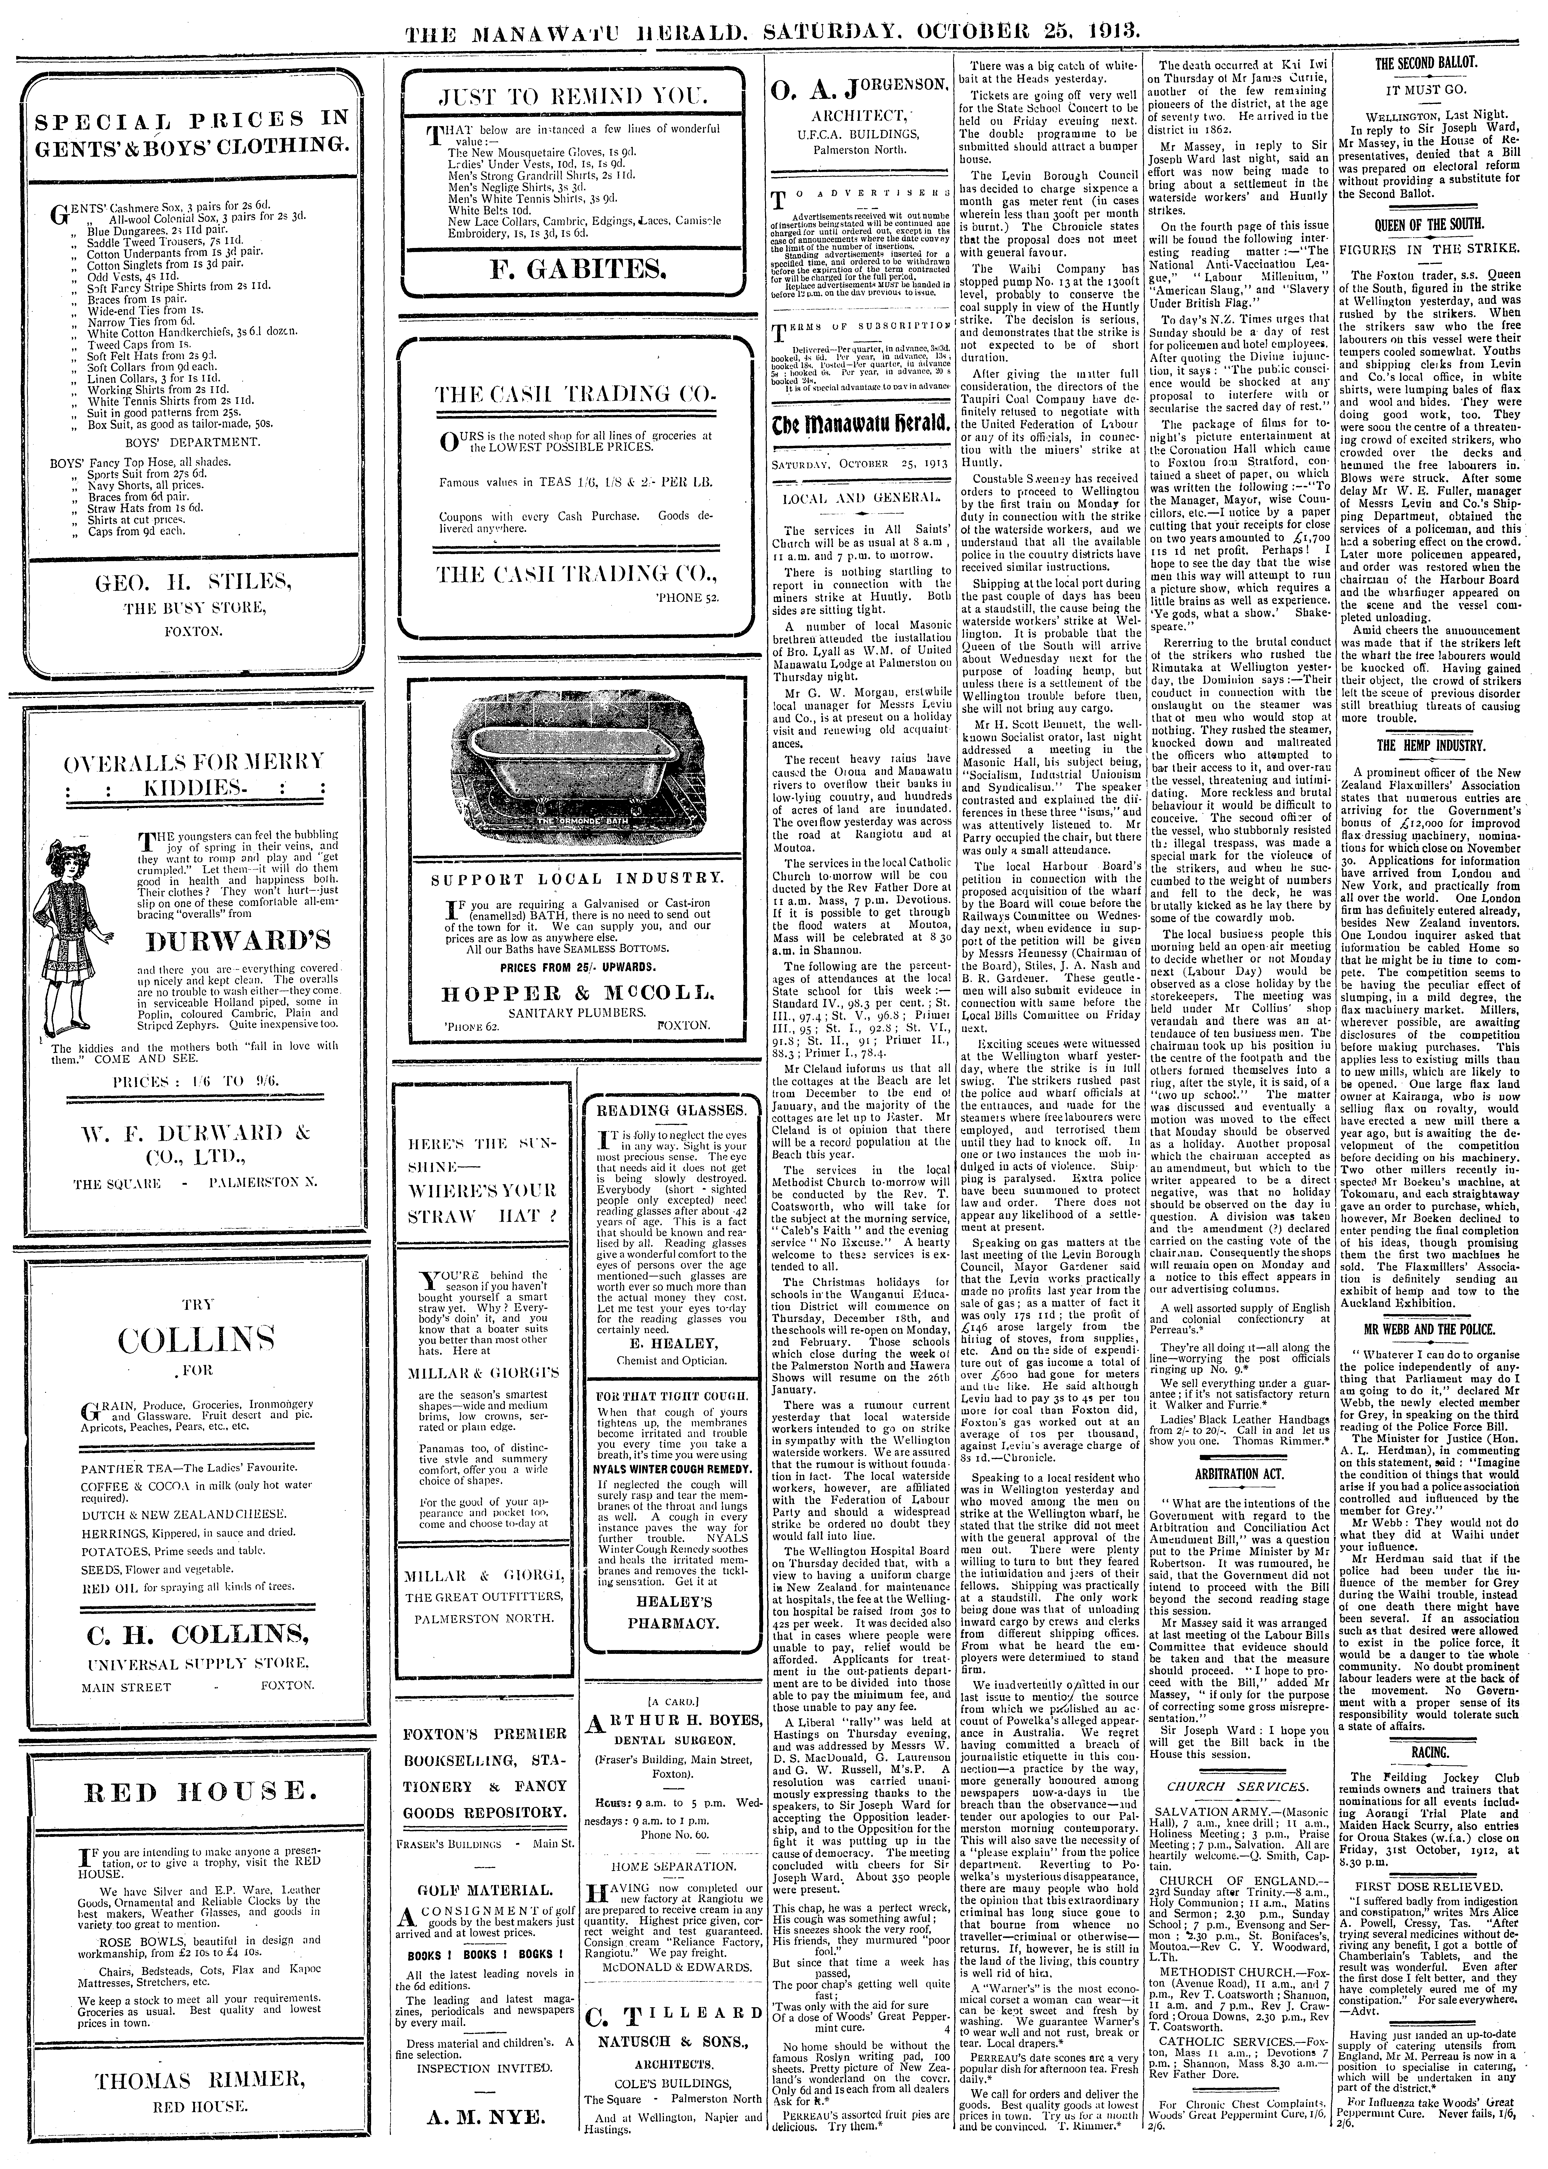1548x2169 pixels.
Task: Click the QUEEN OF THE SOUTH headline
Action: tap(1427, 224)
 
